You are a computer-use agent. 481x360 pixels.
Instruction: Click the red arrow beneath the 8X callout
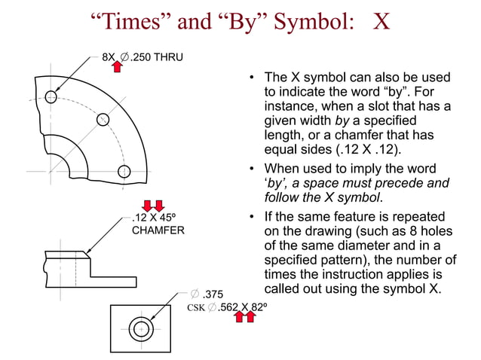click(x=117, y=67)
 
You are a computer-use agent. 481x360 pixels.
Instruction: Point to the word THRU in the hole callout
click(x=167, y=56)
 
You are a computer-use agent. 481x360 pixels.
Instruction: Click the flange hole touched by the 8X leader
click(x=51, y=96)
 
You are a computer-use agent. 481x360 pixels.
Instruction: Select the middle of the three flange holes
click(x=103, y=119)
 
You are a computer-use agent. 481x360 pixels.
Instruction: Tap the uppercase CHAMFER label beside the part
click(x=158, y=230)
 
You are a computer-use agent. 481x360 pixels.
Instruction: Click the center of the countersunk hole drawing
click(x=141, y=329)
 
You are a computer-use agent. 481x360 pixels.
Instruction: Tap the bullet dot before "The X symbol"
click(x=252, y=78)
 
